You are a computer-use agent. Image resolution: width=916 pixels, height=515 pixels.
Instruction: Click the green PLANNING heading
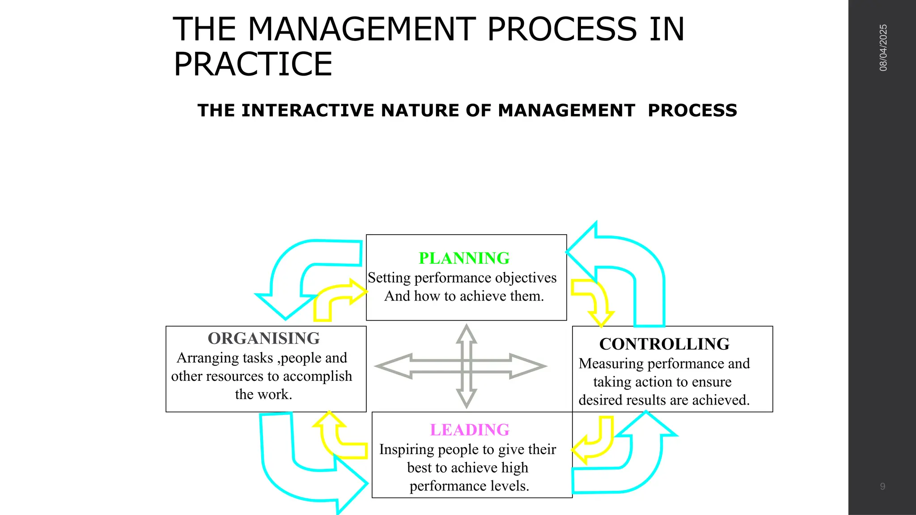coord(464,258)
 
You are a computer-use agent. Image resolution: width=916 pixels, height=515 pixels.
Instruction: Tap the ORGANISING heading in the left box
coord(263,338)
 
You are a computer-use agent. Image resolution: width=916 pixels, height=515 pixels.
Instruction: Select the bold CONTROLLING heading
coord(664,344)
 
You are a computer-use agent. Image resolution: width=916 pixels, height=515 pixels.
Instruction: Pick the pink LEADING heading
coord(470,430)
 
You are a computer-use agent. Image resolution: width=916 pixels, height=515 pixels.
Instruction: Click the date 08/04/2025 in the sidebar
coord(883,48)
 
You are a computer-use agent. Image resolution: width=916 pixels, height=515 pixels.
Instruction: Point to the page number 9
coord(882,486)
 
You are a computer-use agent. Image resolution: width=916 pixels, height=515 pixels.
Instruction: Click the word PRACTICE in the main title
coord(253,64)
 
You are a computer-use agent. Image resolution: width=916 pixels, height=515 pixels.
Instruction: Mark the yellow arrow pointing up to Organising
coord(335,436)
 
